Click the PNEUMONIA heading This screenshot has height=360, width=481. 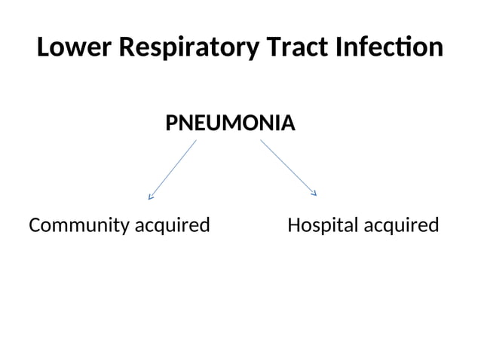pyautogui.click(x=230, y=122)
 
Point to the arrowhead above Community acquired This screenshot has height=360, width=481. pyautogui.click(x=151, y=198)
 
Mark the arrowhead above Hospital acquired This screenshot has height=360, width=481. pyautogui.click(x=314, y=194)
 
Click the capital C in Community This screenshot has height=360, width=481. pyautogui.click(x=35, y=225)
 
